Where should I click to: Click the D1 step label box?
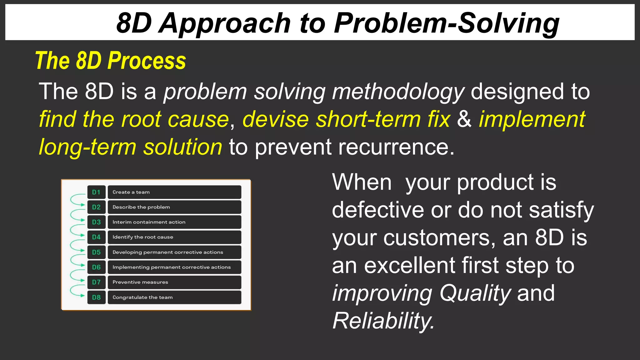tap(96, 192)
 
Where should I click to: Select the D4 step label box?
tap(96, 237)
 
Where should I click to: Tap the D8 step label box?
tap(96, 297)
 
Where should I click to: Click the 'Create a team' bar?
tap(174, 192)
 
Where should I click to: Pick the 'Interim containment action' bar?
tap(174, 222)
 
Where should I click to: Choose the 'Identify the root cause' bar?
tap(174, 237)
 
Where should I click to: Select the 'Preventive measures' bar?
tap(174, 282)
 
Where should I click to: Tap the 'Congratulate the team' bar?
tap(174, 297)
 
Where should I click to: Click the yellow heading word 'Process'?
tap(147, 61)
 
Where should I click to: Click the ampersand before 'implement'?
tap(464, 119)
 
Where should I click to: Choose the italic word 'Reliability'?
tap(383, 321)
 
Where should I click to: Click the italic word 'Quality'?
tap(475, 293)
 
